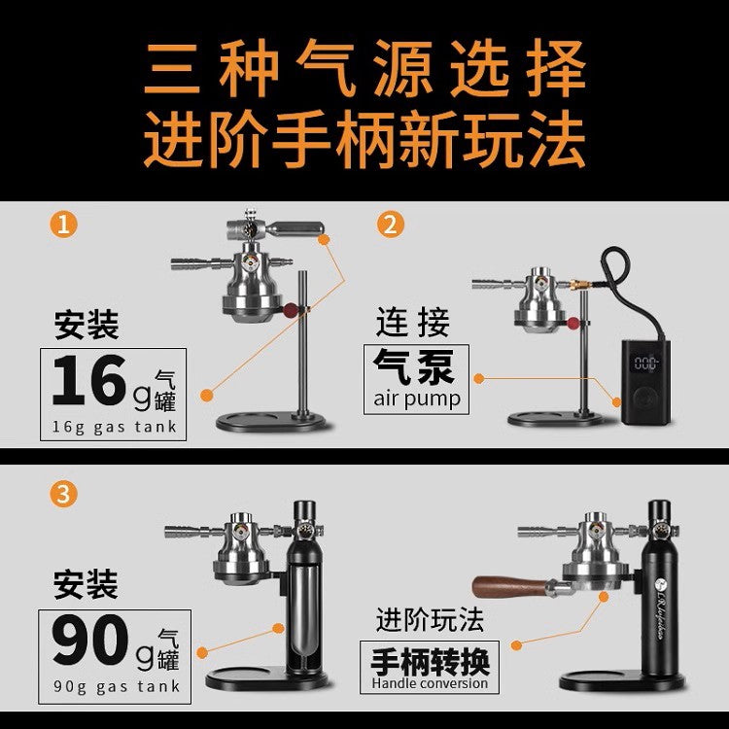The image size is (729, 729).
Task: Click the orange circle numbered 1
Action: click(63, 226)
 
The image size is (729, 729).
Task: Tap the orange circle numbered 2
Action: click(391, 226)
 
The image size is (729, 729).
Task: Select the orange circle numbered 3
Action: click(63, 494)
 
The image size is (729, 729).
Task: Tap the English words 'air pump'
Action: click(415, 399)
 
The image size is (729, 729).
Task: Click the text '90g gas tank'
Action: click(116, 686)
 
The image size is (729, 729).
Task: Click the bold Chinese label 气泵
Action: click(415, 367)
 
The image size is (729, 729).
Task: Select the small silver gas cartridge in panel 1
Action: click(292, 229)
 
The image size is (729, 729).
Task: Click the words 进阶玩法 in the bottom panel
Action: click(429, 619)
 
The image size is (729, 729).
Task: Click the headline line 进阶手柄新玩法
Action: click(364, 142)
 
